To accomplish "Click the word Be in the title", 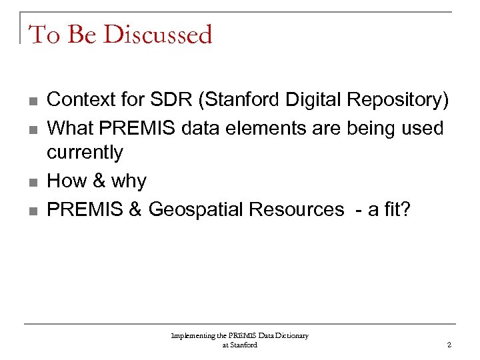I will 82,34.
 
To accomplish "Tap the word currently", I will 85,153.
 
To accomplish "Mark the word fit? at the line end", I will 398,209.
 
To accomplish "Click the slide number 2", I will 449,345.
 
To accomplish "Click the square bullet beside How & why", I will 33,182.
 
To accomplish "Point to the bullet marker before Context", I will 33,101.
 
